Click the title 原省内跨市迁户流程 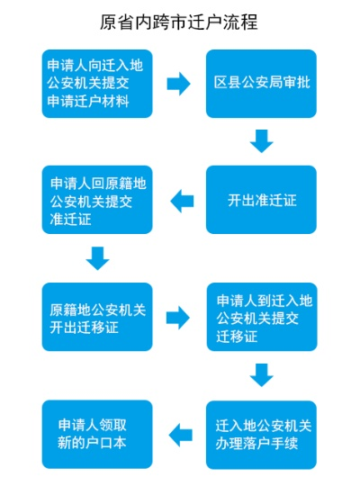180,20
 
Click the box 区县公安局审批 262,84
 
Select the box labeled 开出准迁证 262,199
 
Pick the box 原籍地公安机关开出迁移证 99,316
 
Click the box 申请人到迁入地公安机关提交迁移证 262,318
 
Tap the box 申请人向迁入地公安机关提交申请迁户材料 99,84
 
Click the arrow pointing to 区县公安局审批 179,84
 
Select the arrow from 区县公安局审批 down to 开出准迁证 262,140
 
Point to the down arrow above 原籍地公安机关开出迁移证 98,259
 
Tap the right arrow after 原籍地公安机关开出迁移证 179,317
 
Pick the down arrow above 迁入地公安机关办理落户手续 262,373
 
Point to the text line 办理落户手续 262,442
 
